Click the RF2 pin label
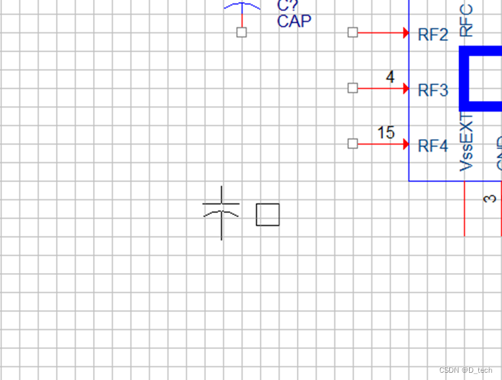coord(433,34)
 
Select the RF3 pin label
coord(433,90)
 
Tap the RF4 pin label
coord(433,145)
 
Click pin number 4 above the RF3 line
coord(390,77)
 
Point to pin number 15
coord(386,133)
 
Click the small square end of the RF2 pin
coord(352,32)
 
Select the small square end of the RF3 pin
coord(352,88)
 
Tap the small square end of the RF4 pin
coord(352,143)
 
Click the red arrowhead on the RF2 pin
coord(406,32)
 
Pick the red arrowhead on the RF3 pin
coord(406,88)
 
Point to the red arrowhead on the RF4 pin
coord(406,143)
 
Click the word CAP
coord(294,21)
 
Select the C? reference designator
coord(288,6)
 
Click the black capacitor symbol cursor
coord(221,212)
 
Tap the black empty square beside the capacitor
coord(267,214)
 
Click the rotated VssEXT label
coord(466,142)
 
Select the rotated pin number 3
coord(490,198)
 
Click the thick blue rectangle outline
coord(465,79)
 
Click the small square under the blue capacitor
coord(241,32)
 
